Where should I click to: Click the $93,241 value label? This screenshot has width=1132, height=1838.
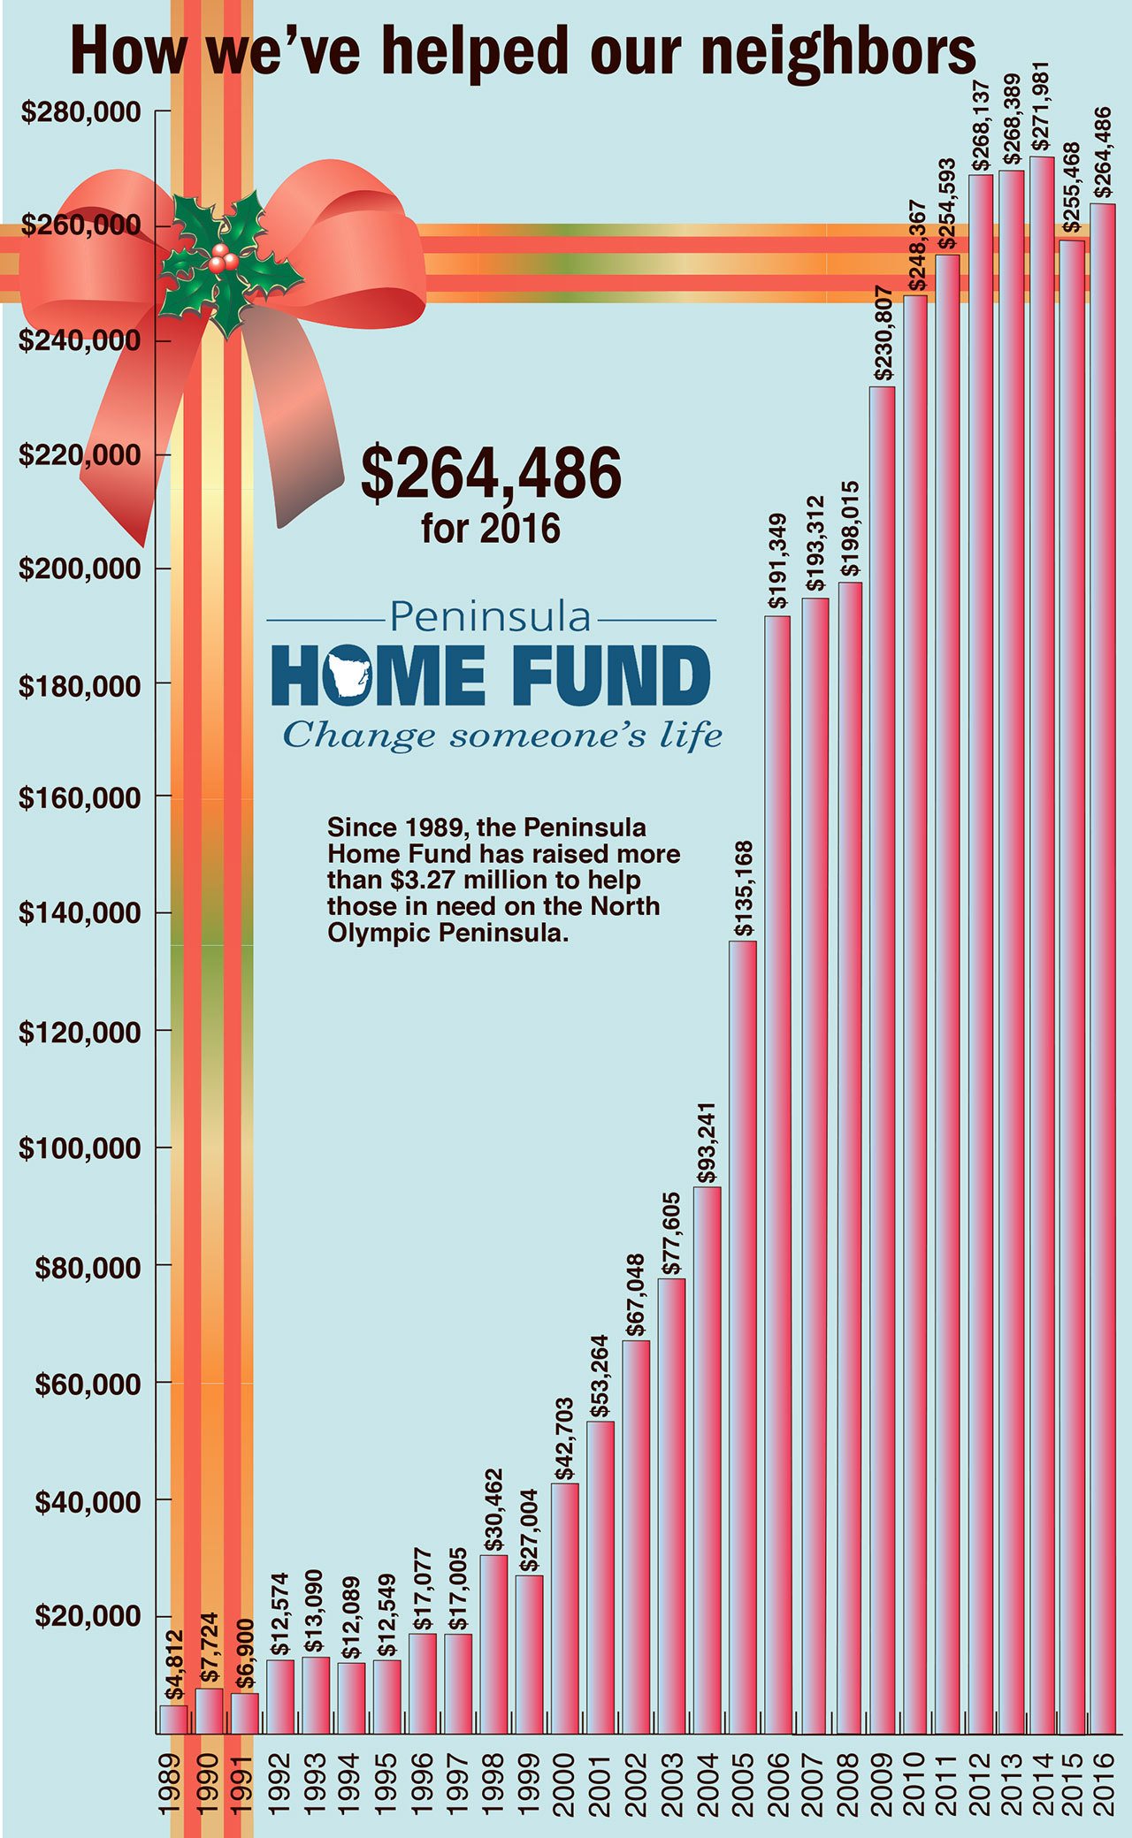click(707, 1142)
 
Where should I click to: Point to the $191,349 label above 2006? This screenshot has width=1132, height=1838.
click(778, 561)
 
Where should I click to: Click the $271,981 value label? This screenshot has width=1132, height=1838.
click(1042, 108)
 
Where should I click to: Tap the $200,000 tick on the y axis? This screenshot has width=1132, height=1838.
click(80, 569)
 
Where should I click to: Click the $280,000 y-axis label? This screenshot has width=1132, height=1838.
click(81, 113)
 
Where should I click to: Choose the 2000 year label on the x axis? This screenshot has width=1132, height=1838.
click(565, 1785)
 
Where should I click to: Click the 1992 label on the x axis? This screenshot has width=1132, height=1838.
click(280, 1785)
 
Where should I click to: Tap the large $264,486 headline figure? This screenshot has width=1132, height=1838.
click(491, 474)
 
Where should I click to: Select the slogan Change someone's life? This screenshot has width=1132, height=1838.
click(501, 736)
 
